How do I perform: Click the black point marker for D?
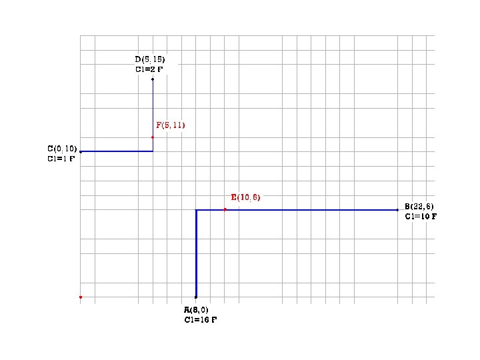[153, 79]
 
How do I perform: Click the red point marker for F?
[153, 137]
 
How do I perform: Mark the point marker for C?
[80, 152]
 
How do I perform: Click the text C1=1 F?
[61, 159]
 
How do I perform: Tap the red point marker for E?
[225, 210]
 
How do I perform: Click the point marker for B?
[397, 210]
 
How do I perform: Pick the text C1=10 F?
[421, 216]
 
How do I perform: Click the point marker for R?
[196, 297]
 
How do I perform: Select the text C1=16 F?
[201, 320]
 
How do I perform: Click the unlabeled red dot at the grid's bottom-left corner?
[80, 297]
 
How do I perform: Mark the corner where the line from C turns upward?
[153, 151]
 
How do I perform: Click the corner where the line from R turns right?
[196, 210]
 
